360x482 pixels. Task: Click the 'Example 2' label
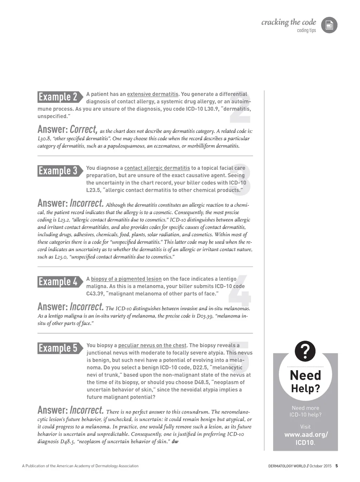(x=58, y=97)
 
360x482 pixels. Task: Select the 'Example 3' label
(x=58, y=171)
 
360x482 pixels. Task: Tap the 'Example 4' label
(x=58, y=282)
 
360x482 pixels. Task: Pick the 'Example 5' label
(x=58, y=348)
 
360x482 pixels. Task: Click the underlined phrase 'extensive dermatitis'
(x=153, y=94)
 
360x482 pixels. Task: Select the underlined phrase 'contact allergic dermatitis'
(x=157, y=168)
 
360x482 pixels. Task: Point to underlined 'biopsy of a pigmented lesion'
(x=126, y=279)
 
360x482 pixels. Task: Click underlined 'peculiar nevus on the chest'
(x=153, y=345)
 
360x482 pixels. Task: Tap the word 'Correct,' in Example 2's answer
(x=83, y=129)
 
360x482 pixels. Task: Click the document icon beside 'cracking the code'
(x=329, y=25)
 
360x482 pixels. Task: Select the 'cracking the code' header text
(x=289, y=23)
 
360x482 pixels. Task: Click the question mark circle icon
(x=305, y=351)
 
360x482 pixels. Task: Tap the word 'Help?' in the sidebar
(x=306, y=388)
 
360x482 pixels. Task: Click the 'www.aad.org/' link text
(x=306, y=435)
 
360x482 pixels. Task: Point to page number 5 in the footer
(x=336, y=466)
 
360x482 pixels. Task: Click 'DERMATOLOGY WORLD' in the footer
(x=287, y=466)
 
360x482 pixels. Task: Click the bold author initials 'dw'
(x=175, y=442)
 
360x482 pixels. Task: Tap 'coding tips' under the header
(x=306, y=31)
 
